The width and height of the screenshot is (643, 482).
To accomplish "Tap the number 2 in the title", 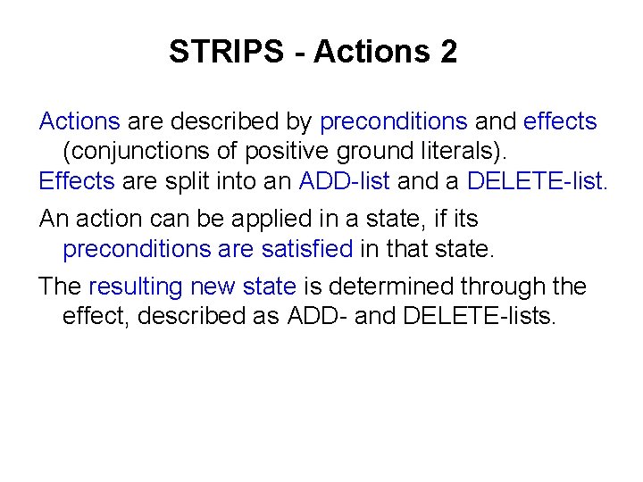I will click(x=447, y=52).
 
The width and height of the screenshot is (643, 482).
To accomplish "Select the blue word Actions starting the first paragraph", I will click(x=79, y=120).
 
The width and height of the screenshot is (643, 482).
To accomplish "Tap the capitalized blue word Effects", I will click(x=77, y=181).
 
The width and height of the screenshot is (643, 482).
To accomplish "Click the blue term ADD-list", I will click(x=345, y=181).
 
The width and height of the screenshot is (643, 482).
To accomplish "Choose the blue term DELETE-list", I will click(x=537, y=181).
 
